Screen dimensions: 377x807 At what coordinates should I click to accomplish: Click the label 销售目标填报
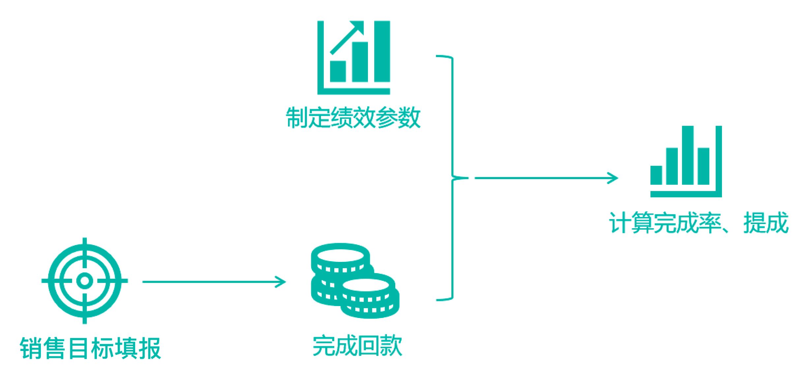click(90, 348)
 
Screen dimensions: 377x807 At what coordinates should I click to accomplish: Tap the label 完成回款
click(357, 346)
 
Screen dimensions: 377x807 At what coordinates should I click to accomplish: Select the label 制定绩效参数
click(353, 117)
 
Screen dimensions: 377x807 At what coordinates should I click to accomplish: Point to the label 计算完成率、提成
click(699, 223)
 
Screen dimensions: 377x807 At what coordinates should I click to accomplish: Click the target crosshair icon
click(85, 281)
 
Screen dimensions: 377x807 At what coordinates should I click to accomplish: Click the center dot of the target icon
click(85, 281)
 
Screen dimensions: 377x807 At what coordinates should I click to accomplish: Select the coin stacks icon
click(355, 281)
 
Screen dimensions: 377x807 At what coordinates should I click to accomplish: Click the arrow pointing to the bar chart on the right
click(546, 178)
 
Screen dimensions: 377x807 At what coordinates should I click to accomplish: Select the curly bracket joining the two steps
click(452, 178)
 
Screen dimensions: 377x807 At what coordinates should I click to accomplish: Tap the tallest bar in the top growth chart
click(382, 51)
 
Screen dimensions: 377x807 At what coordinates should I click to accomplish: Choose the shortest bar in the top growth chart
click(338, 71)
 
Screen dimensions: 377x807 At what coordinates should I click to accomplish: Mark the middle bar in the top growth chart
click(360, 62)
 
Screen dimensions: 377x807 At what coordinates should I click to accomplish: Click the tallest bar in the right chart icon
click(688, 155)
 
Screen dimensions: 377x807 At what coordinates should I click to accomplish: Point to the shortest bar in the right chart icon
click(656, 175)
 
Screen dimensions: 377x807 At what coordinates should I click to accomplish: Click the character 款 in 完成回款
click(391, 346)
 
